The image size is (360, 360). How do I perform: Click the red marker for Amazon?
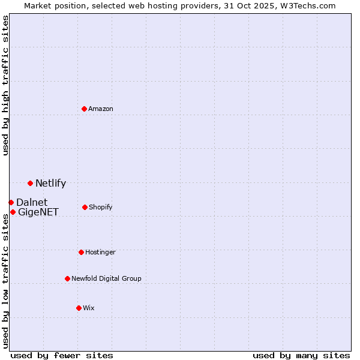pyautogui.click(x=84, y=109)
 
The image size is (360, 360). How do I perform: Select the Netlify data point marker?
pyautogui.click(x=30, y=183)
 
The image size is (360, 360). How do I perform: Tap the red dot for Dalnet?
pyautogui.click(x=11, y=202)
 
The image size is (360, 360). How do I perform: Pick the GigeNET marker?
pyautogui.click(x=13, y=212)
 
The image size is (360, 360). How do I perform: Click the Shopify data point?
pyautogui.click(x=85, y=207)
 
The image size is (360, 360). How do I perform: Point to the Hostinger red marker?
pyautogui.click(x=81, y=252)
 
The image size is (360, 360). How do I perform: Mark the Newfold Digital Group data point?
pyautogui.click(x=67, y=278)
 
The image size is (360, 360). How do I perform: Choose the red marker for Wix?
pyautogui.click(x=79, y=308)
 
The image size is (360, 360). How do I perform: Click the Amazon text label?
pyautogui.click(x=101, y=109)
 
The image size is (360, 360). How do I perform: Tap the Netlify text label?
pyautogui.click(x=50, y=184)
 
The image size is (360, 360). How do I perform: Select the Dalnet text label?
pyautogui.click(x=32, y=202)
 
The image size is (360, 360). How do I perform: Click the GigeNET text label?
pyautogui.click(x=38, y=212)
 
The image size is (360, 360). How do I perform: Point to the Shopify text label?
pyautogui.click(x=101, y=207)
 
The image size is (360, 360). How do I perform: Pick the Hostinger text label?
pyautogui.click(x=100, y=252)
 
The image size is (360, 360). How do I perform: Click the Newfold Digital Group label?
pyautogui.click(x=106, y=278)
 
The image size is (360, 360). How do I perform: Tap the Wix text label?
pyautogui.click(x=89, y=308)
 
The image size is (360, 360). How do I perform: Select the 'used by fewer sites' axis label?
pyautogui.click(x=62, y=355)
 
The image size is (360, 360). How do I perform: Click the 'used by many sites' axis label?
pyautogui.click(x=301, y=355)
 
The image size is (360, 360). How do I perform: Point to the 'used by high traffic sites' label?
pyautogui.click(x=5, y=85)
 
